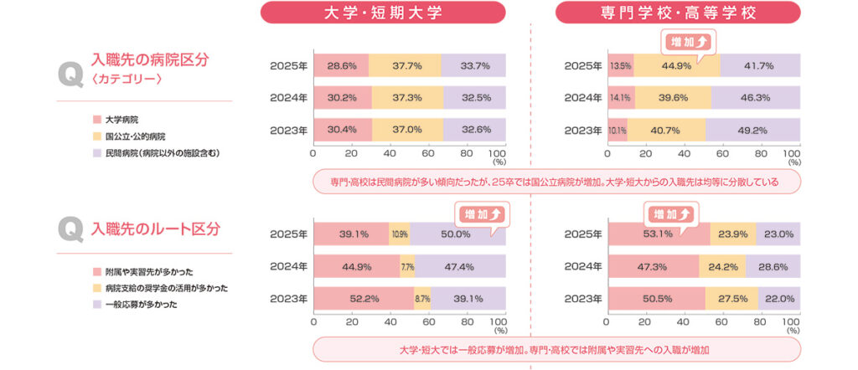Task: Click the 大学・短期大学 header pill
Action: [383, 13]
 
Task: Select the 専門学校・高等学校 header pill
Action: [679, 13]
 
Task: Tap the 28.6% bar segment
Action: [340, 65]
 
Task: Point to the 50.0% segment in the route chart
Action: [457, 234]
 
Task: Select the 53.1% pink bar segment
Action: [659, 234]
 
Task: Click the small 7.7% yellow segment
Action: [408, 267]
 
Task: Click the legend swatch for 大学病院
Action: [97, 121]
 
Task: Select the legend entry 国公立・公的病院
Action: [134, 136]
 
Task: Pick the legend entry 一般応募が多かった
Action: [137, 304]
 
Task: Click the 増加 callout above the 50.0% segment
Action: [482, 213]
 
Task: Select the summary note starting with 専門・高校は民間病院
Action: [556, 182]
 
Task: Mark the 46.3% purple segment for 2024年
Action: [757, 98]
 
